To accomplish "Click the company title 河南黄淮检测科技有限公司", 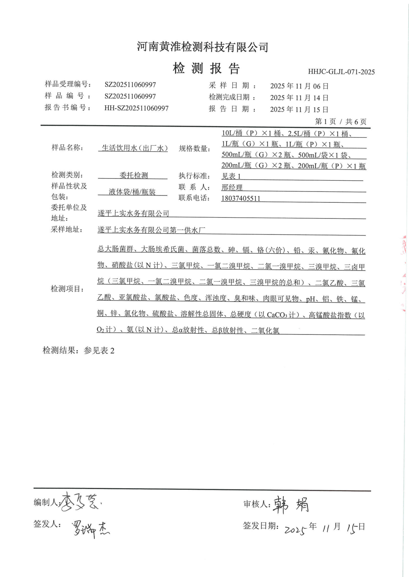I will point(202,47).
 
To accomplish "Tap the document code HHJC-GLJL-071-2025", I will point(341,72).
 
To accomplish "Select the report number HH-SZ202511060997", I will point(136,108).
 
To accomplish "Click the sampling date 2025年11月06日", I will point(299,86).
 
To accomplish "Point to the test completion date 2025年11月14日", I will point(299,98).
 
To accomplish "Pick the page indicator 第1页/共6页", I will point(340,122).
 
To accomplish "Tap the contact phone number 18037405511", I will point(241,198).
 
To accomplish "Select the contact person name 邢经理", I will point(232,188).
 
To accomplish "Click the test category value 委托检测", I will point(134,175).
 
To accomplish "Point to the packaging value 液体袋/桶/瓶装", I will point(132,192).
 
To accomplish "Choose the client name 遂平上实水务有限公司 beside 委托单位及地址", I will point(133,213).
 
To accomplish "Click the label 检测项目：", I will point(68,289).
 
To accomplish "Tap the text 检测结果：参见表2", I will point(78,351).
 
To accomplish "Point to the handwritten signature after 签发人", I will point(91,528).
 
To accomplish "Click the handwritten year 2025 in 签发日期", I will point(296,529).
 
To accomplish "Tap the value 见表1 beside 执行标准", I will point(231,176).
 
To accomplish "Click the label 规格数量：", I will point(195,149).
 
